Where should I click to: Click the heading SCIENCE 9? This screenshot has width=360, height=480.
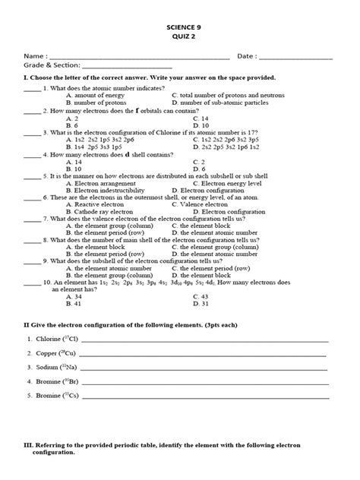click(x=180, y=26)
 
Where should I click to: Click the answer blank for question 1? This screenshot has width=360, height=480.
click(x=32, y=88)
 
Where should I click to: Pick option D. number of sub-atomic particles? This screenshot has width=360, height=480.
click(x=223, y=103)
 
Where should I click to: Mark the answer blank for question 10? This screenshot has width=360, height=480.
click(x=32, y=282)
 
